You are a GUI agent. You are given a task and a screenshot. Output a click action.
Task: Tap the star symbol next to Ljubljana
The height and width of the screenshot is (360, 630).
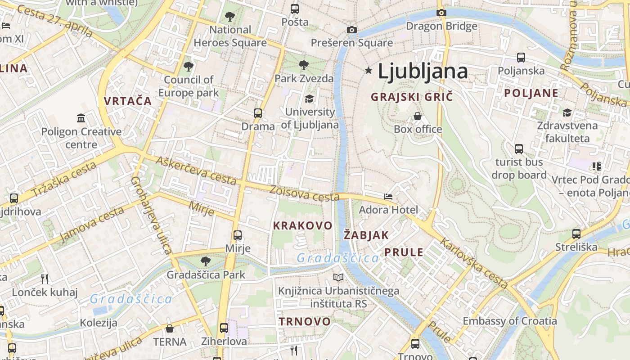coord(369,70)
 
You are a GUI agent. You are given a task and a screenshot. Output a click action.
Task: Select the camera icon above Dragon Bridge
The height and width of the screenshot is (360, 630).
coord(441,13)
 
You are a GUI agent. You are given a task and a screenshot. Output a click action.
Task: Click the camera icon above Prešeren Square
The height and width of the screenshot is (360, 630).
coord(352,30)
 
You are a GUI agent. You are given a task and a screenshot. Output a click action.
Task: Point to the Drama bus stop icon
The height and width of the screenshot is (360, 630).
coord(258,113)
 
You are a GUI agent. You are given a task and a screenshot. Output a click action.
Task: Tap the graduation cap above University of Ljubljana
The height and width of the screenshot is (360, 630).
coord(309,99)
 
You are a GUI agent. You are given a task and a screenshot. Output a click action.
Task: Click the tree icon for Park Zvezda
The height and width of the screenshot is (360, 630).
coord(304,65)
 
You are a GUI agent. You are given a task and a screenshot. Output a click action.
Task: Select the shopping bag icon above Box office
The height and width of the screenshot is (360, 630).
coord(418,116)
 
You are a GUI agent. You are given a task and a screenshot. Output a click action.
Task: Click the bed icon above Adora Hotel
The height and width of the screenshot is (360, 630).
coord(388,197)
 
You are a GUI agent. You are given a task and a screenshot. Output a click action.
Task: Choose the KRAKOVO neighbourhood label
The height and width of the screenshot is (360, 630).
coord(303,225)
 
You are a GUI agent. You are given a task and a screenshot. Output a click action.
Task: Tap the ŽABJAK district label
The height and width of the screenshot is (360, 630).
coord(366,235)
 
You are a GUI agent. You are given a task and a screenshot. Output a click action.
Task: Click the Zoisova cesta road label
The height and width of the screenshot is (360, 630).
coord(304,193)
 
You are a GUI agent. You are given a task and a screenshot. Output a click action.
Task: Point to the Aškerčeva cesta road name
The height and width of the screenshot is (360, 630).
coord(196,171)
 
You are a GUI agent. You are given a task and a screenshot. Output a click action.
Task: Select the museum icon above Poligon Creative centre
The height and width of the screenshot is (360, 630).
coord(81,118)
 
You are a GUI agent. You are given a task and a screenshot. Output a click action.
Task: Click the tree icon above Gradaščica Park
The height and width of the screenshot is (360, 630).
coord(206,261)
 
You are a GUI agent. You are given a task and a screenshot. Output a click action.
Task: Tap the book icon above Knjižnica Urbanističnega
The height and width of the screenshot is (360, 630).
coord(338,278)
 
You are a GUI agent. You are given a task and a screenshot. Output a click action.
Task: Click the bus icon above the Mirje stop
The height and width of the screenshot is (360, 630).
coord(238,235)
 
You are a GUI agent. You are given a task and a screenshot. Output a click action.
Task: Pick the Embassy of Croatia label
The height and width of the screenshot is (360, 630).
coord(510,321)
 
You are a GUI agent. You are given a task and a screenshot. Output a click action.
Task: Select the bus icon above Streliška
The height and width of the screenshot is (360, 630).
coord(576,234)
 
